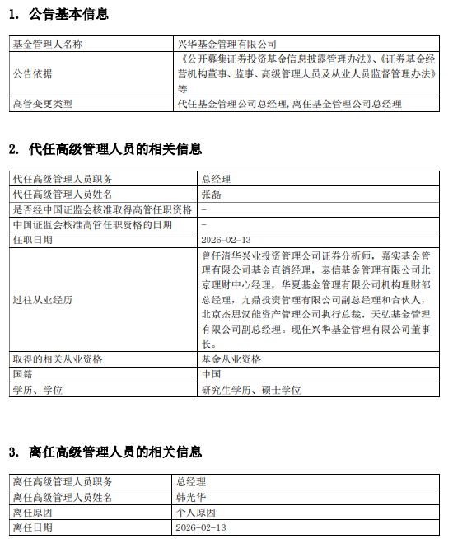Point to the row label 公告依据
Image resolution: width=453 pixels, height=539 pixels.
tap(32, 73)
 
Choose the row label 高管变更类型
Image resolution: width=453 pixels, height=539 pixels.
tap(43, 104)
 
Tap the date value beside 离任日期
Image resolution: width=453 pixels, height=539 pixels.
tap(200, 527)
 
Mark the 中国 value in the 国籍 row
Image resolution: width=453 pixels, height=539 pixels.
tap(212, 374)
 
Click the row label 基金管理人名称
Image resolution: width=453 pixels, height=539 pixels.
tap(48, 44)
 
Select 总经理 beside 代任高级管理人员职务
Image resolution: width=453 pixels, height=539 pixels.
tap(217, 179)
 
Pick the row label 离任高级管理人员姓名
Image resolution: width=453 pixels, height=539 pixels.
tap(63, 497)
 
